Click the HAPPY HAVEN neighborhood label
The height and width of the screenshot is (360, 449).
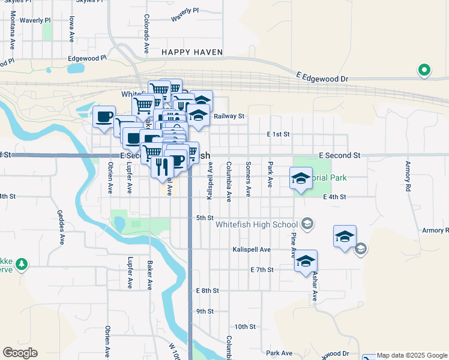(191, 52)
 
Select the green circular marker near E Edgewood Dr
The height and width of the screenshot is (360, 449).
(424, 71)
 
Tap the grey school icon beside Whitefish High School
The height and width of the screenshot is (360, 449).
(307, 224)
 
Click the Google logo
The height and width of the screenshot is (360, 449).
(20, 352)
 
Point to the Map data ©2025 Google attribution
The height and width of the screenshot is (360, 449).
(412, 355)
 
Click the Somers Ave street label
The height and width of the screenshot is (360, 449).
(248, 179)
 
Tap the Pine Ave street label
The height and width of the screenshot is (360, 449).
(294, 242)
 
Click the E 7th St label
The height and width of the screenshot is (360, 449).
(262, 270)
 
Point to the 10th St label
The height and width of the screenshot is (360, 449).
(245, 327)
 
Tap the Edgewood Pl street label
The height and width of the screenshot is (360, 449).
(87, 58)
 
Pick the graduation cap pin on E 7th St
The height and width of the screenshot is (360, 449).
(306, 261)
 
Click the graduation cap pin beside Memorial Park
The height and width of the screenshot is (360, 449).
(301, 178)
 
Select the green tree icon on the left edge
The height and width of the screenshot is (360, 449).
(22, 264)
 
